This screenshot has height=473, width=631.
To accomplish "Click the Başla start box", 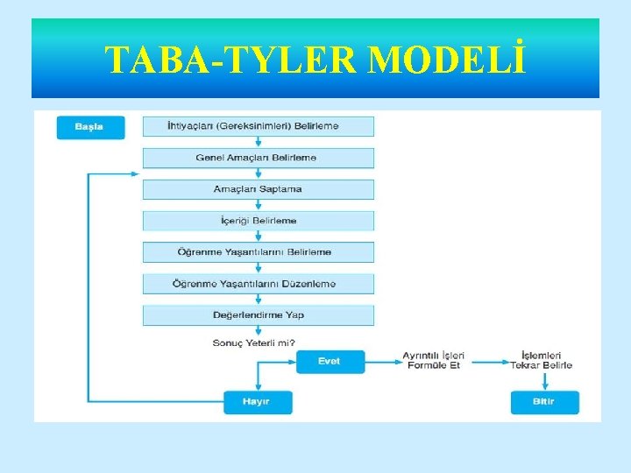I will [x=90, y=127].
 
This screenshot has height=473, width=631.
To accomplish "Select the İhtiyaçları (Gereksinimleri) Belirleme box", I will [x=258, y=126].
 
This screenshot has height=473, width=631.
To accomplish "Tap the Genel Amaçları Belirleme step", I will [x=258, y=158].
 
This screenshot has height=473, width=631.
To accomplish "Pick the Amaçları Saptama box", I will [x=258, y=189].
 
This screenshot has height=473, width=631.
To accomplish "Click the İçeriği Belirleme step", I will [x=258, y=221].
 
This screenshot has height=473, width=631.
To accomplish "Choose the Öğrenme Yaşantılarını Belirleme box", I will [x=258, y=252].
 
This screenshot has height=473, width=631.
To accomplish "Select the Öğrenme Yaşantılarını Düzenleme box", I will [x=258, y=284].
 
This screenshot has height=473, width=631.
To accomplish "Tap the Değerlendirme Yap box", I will [x=258, y=315].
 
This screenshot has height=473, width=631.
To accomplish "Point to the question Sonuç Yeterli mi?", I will [x=253, y=342].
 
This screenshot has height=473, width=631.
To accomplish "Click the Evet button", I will [x=330, y=361].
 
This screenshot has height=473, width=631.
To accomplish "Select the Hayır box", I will [x=258, y=402].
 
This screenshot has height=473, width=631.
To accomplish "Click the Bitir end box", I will [x=544, y=402].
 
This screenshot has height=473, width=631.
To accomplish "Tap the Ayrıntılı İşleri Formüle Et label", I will [x=434, y=361].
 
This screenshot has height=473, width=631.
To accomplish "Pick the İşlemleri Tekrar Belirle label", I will [x=542, y=361].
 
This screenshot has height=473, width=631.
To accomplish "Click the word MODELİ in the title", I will [x=448, y=60].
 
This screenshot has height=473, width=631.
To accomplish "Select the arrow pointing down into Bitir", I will [x=544, y=381].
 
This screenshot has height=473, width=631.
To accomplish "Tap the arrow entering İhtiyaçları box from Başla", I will [x=134, y=127].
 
